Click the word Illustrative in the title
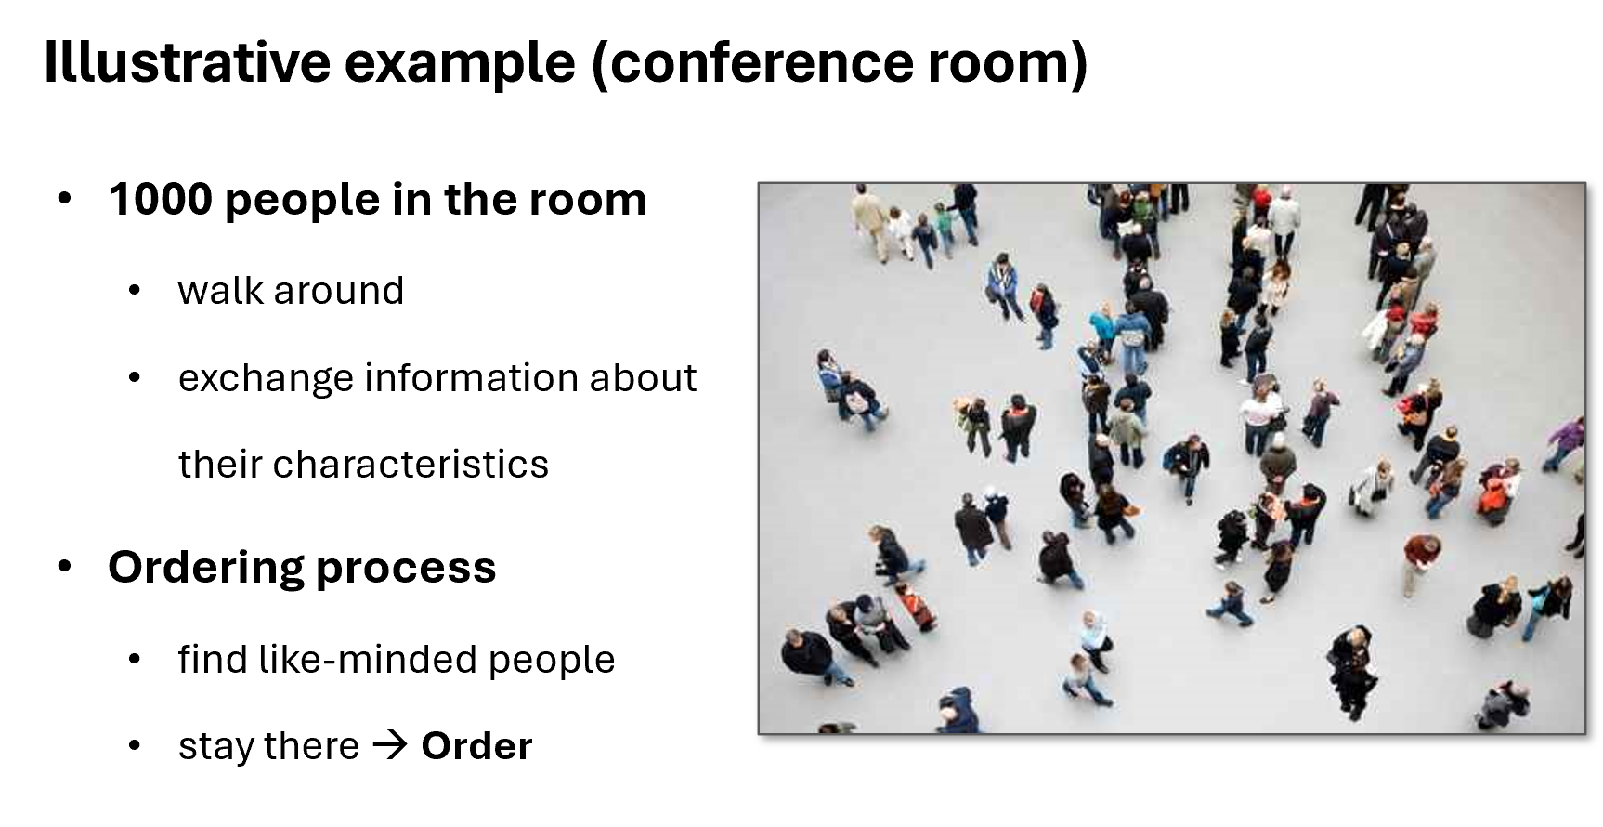click(187, 62)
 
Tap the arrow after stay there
click(389, 746)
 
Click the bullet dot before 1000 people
click(64, 199)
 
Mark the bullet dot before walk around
click(135, 291)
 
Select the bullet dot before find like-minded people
click(135, 660)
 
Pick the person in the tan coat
click(870, 219)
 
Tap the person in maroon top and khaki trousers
click(1419, 562)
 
